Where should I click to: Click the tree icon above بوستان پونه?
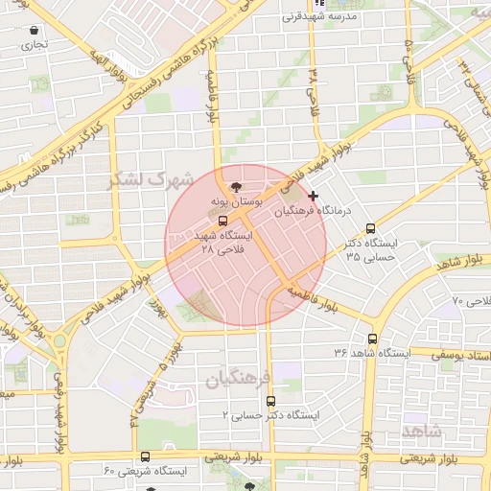click(237, 186)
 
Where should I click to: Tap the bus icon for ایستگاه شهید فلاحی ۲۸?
click(222, 220)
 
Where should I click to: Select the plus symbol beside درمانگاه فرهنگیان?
click(314, 196)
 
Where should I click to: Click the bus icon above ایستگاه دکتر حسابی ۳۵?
click(371, 228)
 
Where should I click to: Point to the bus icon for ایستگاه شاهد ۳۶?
click(373, 338)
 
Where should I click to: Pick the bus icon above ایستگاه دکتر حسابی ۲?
click(270, 401)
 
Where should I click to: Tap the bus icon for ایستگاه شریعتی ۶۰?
click(145, 456)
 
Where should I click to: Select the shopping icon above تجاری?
click(35, 31)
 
